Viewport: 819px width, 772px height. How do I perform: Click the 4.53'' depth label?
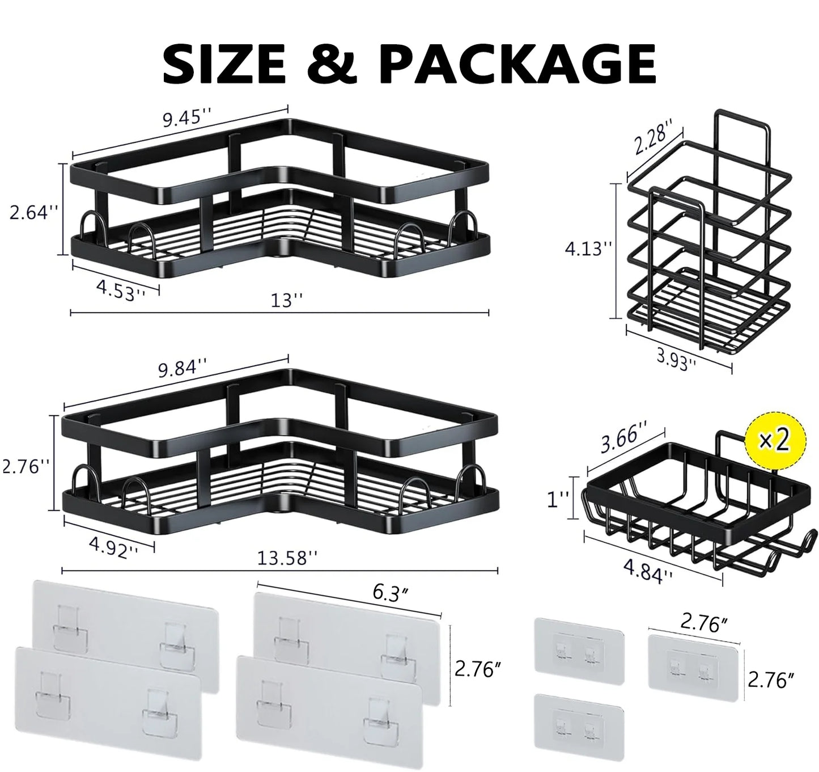[120, 290]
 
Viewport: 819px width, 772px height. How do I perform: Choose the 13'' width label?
[287, 300]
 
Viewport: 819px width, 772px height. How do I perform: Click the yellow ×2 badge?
[775, 441]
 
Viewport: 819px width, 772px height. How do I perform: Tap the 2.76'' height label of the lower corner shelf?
[25, 467]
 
